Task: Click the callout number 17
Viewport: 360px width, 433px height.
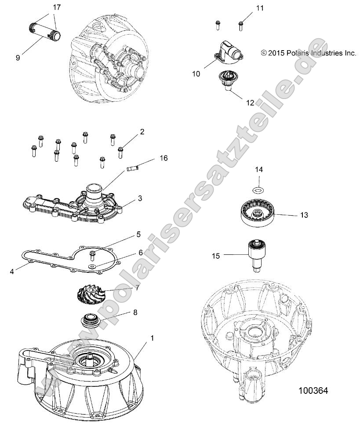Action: tap(56, 7)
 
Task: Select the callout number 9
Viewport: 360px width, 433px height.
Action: tap(18, 58)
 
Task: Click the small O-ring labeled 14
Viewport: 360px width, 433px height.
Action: tap(259, 190)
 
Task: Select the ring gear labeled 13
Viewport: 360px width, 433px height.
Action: tap(259, 212)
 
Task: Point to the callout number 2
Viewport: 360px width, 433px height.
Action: tap(142, 132)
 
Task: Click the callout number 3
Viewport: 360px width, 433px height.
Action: tap(140, 198)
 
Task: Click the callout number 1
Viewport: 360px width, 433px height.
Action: tap(140, 338)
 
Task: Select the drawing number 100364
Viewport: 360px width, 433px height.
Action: tap(313, 390)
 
